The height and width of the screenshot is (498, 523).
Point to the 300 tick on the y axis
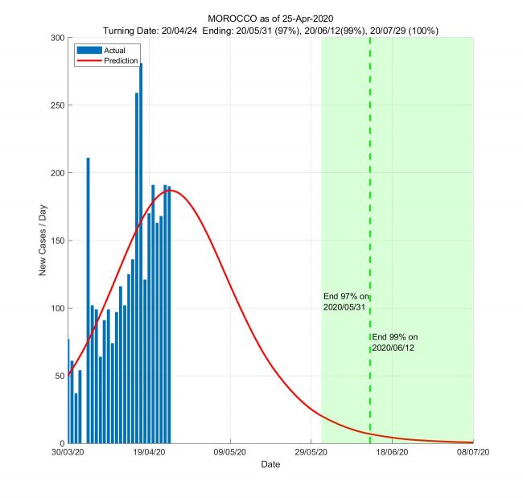[58, 38]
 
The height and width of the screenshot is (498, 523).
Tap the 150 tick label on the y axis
[58, 241]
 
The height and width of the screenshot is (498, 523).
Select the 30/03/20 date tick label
[68, 453]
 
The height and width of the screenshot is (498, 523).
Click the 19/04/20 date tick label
[149, 453]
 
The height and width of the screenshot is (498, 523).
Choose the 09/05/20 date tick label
[230, 453]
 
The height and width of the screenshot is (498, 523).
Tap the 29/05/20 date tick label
[311, 453]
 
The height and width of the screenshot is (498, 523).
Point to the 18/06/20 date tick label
[392, 453]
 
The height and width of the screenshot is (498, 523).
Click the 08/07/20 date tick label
[473, 453]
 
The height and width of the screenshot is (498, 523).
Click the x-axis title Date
[270, 465]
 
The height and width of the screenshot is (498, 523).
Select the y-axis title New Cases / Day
[43, 241]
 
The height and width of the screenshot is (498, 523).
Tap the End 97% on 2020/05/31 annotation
[344, 302]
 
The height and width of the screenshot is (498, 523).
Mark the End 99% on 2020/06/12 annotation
[394, 342]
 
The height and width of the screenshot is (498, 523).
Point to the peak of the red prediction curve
[170, 190]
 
